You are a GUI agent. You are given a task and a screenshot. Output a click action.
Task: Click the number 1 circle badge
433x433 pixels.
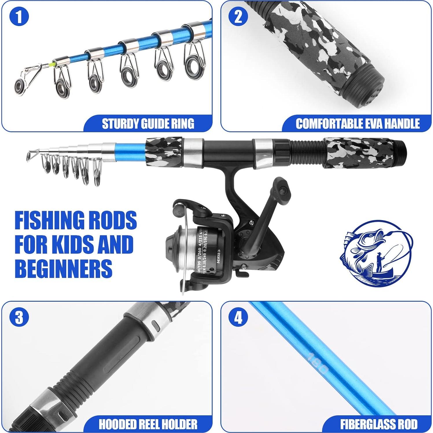[x=19, y=17]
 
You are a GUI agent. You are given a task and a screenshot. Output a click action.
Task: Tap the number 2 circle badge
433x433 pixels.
[x=238, y=17]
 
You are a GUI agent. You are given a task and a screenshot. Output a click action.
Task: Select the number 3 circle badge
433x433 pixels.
[x=19, y=317]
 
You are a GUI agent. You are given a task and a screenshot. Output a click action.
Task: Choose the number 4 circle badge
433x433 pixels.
[x=238, y=317]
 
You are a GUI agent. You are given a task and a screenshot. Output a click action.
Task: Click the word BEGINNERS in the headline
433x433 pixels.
[x=63, y=268]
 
